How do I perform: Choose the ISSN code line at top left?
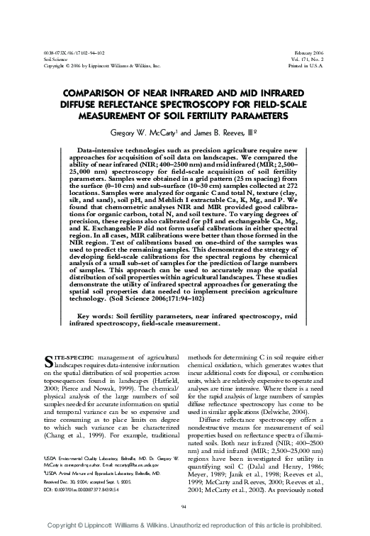pyautogui.click(x=65, y=55)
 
